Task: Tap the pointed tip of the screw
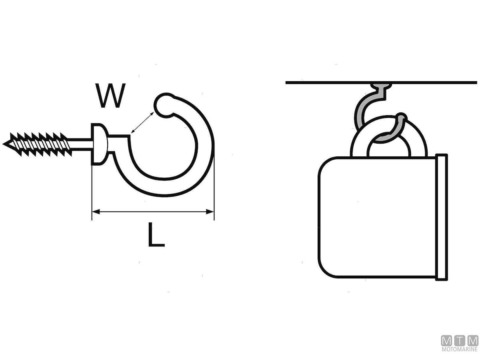[5, 143]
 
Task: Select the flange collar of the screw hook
[98, 144]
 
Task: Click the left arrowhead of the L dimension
[95, 212]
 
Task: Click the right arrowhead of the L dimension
[211, 212]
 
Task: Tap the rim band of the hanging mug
[442, 216]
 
